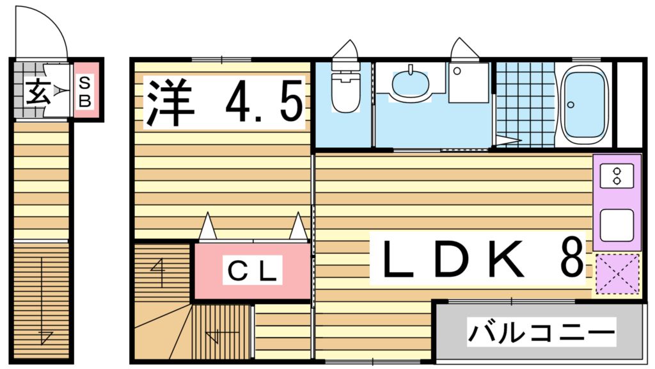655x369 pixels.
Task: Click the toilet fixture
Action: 346,90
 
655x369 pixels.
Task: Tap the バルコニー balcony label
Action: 541,332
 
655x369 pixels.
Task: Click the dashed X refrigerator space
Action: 617,274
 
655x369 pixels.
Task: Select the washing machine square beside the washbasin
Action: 468,83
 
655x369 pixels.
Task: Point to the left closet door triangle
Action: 207,227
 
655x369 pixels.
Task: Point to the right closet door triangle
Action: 298,227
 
